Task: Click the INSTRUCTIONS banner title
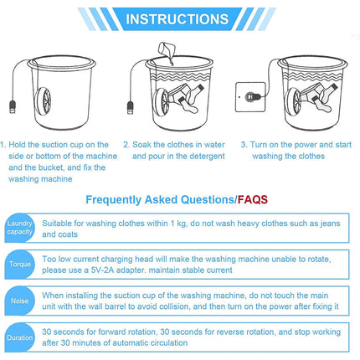click(180, 18)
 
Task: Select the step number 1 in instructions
click(4, 144)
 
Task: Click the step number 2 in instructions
click(126, 144)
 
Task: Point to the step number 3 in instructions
click(244, 144)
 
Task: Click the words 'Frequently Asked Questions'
click(158, 200)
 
